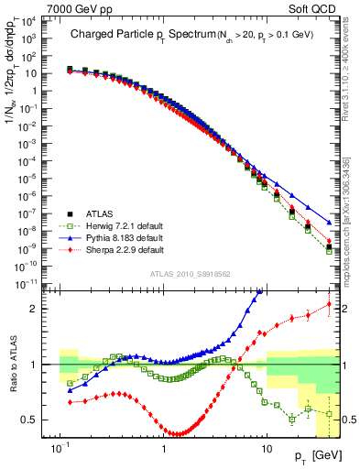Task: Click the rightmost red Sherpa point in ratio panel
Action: click(329, 304)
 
